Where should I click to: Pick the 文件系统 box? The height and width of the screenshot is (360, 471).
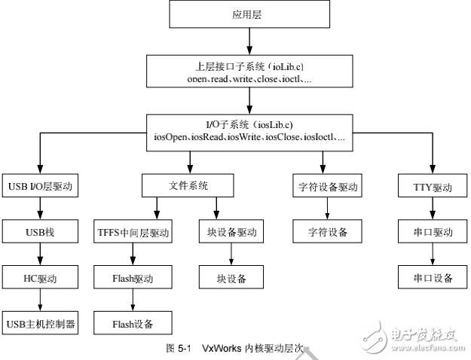(x=186, y=185)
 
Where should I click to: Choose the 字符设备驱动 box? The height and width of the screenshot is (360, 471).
(x=327, y=186)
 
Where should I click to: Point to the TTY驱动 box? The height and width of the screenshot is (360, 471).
(x=431, y=186)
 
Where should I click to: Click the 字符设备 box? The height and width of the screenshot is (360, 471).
(x=327, y=232)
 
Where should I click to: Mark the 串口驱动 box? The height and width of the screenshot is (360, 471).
(x=431, y=232)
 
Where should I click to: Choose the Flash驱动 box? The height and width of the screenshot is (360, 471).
(x=133, y=279)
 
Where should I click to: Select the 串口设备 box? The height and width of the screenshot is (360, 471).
(x=431, y=279)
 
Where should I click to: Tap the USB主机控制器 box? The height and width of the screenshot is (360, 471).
(x=41, y=324)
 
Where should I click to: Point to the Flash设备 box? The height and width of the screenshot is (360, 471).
(x=133, y=324)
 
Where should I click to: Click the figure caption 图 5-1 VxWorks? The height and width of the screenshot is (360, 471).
(x=234, y=348)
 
